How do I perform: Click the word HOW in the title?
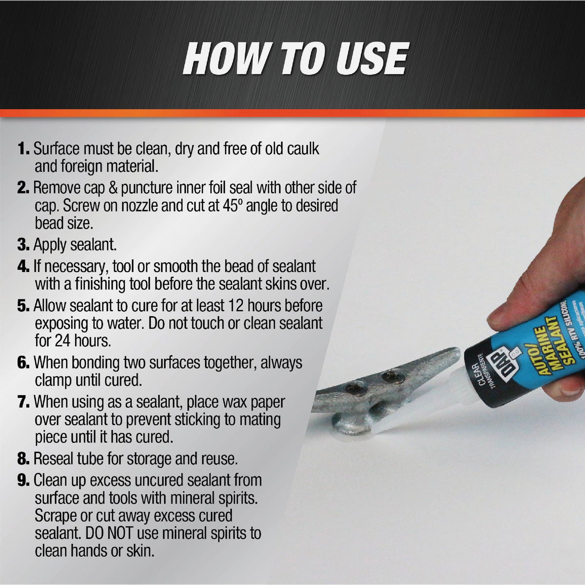coord(225,59)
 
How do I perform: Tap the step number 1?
coord(23,149)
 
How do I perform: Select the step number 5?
coord(23,306)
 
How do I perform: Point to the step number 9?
coord(23,481)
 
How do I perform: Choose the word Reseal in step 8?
coord(53,459)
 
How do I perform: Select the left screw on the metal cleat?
coord(353,389)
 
